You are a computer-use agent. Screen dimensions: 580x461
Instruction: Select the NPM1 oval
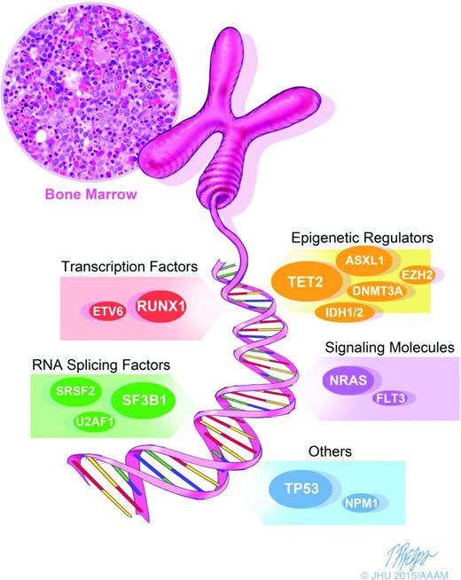pyautogui.click(x=362, y=503)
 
